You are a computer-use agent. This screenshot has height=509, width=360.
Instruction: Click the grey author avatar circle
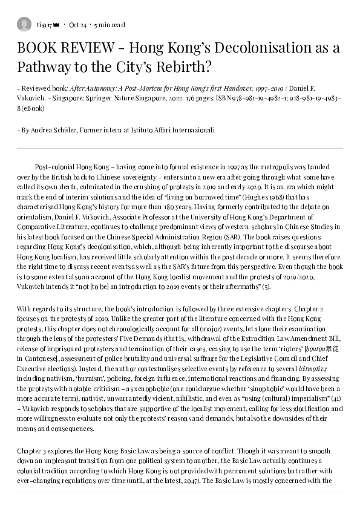click(x=24, y=25)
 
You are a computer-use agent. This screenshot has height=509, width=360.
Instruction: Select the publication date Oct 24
click(x=78, y=25)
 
